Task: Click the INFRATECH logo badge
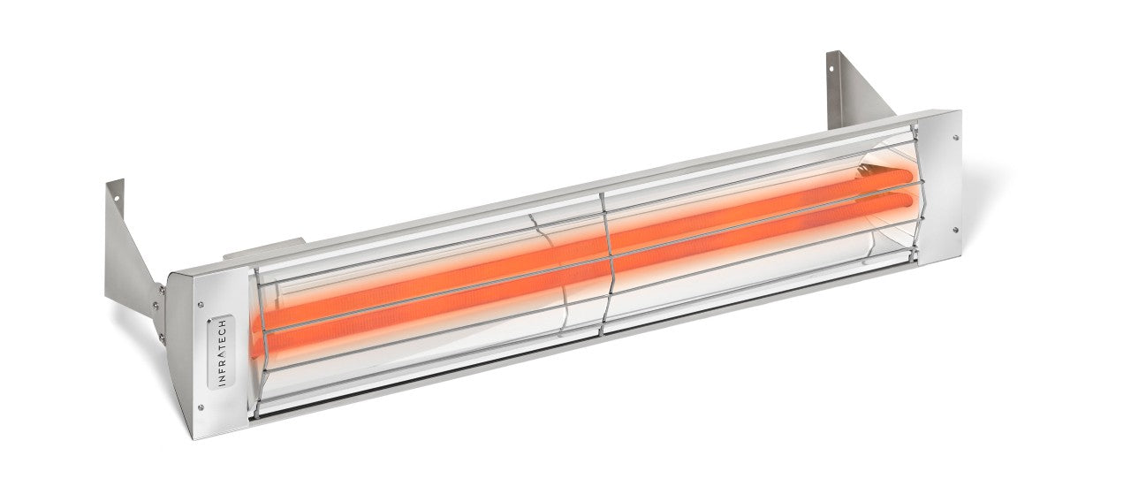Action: coord(220,352)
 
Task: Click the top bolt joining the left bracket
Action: coord(160,287)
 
